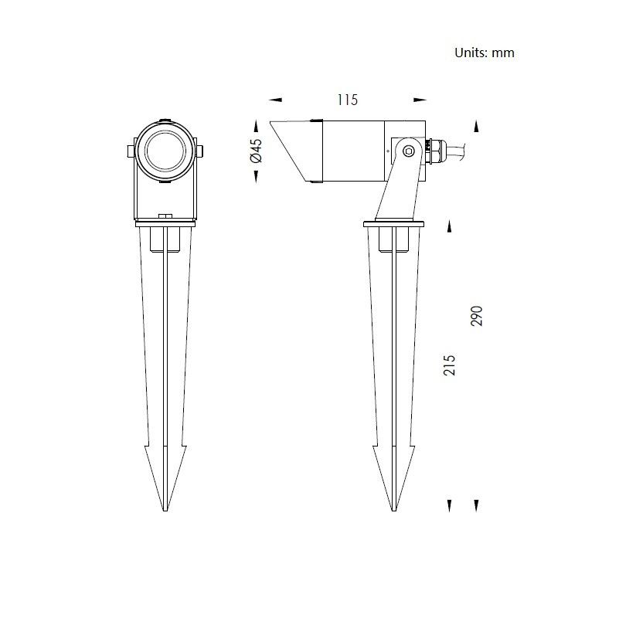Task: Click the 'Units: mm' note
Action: [485, 53]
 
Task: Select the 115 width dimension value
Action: [348, 100]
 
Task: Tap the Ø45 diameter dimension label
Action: [257, 151]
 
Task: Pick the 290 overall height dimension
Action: [477, 316]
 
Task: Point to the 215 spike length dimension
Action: [449, 365]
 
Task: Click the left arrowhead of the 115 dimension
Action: [276, 100]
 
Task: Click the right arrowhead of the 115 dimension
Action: [420, 100]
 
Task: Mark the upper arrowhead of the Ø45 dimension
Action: [257, 126]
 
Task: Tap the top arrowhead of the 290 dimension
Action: [477, 126]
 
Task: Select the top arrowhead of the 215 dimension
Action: [449, 226]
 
